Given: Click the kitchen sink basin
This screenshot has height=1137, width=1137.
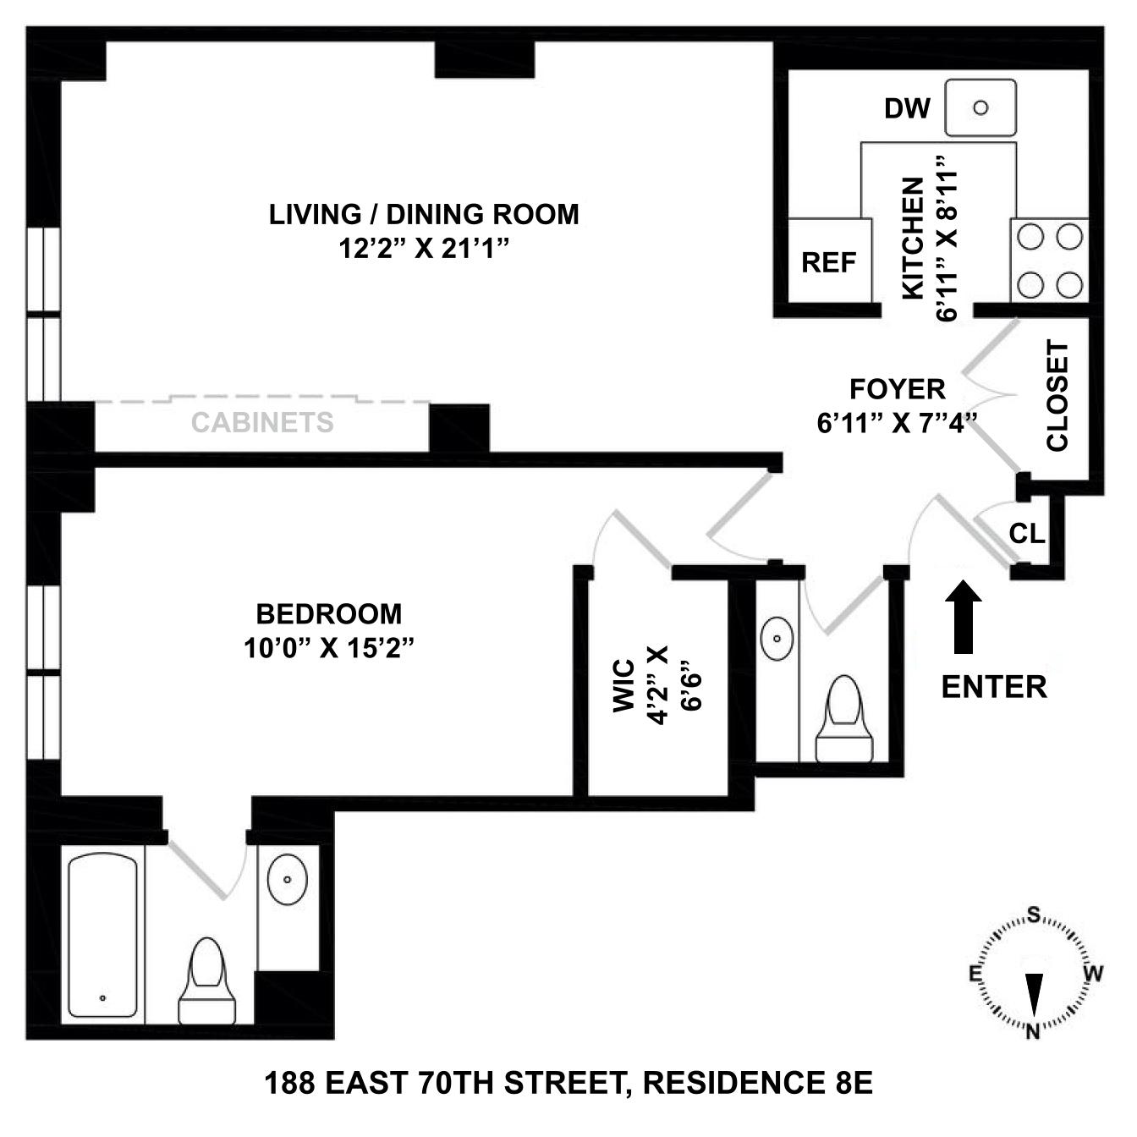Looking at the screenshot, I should coord(980,108).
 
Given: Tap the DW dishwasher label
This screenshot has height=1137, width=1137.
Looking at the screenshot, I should coord(907,108).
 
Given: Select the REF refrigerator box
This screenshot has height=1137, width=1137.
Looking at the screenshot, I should coord(829,261).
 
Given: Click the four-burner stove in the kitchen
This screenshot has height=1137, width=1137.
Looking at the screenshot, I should coord(1050,261).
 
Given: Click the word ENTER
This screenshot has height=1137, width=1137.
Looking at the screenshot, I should coord(994,687).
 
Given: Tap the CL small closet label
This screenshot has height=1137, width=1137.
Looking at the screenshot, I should coord(1027,535).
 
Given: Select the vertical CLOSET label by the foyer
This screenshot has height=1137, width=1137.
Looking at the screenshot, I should coord(1057,396).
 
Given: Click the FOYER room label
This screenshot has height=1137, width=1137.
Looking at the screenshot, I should coord(897,389).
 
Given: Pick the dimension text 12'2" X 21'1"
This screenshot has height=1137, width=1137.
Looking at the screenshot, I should coord(424,249).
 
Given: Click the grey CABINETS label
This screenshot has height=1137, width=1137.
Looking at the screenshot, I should coord(262,422).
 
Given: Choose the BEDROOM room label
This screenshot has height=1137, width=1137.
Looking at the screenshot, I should coord(329,612).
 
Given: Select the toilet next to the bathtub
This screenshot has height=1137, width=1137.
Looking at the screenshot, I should coord(206,981).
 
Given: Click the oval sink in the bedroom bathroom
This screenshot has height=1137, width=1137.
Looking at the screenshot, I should coord(288,880).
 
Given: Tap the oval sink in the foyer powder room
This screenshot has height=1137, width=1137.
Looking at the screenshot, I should coord(777,639).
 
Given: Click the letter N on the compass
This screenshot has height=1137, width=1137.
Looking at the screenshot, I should coord(1033,1031).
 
